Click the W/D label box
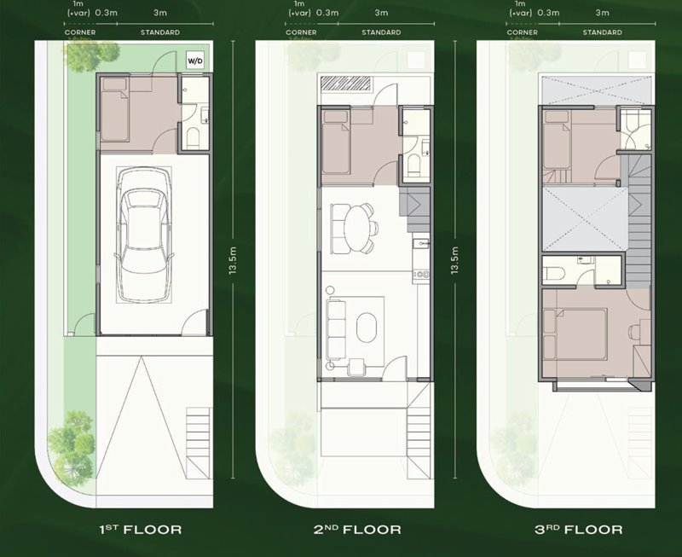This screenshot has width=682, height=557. click(195, 60)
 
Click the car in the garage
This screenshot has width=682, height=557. click(143, 235)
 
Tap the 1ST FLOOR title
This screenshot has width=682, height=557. click(141, 529)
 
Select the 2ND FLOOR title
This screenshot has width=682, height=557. click(357, 529)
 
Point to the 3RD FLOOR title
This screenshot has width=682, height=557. click(579, 529)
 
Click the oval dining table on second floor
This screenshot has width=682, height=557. click(356, 229)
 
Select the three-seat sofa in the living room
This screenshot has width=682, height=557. click(336, 329)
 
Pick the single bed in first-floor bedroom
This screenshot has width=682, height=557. click(114, 110)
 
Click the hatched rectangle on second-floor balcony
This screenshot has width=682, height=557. click(346, 83)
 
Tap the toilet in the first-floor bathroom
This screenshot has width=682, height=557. click(194, 137)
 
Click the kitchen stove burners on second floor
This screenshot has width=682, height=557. click(421, 274)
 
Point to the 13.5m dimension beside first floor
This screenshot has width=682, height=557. click(233, 260)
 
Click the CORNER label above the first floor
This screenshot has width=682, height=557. click(80, 32)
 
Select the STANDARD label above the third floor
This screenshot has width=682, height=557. click(603, 32)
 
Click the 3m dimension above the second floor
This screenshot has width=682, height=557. click(381, 13)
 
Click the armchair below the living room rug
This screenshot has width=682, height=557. click(356, 367)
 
